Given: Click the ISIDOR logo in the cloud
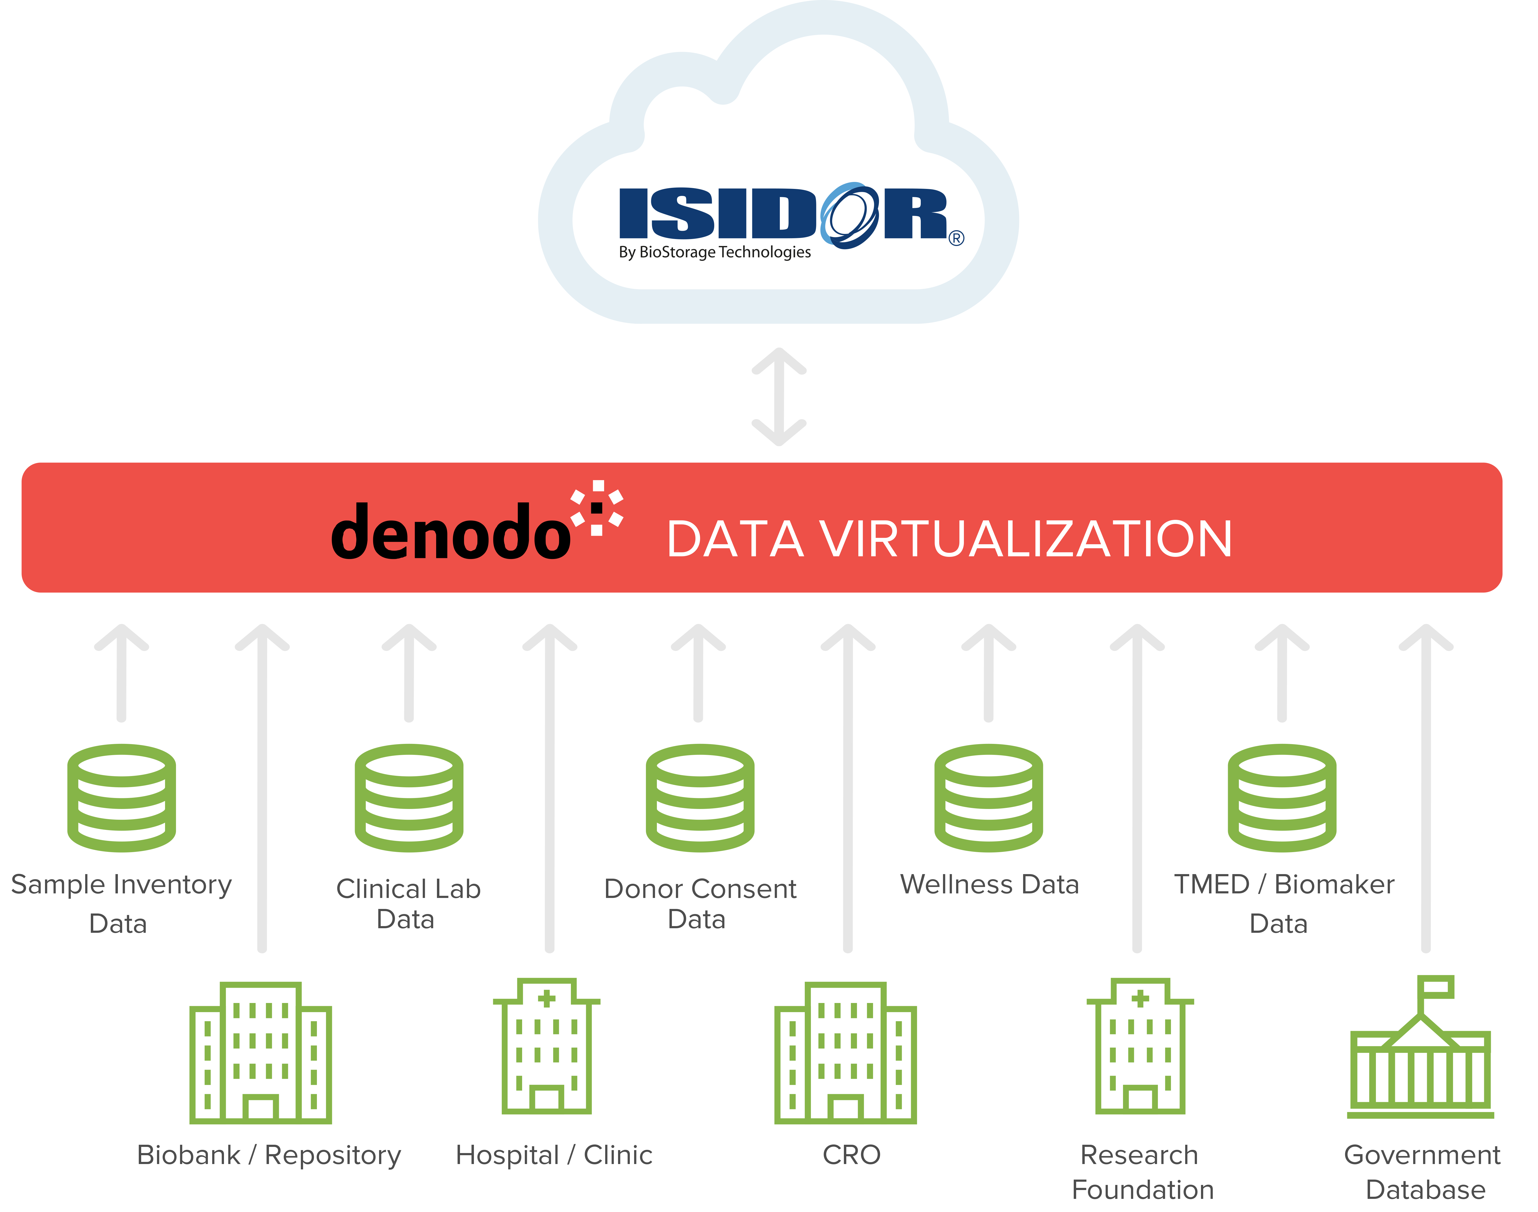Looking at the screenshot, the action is (x=791, y=215).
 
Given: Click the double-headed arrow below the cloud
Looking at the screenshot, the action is (x=779, y=397).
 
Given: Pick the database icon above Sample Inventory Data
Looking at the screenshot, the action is (x=121, y=797).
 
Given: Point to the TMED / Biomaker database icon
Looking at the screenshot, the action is (x=1282, y=797).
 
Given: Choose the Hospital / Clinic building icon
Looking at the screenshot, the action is (x=546, y=1046).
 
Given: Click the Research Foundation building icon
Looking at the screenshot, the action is (x=1140, y=1046).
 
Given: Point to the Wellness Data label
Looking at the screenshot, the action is (x=990, y=885).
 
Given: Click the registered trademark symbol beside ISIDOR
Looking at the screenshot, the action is (x=956, y=238).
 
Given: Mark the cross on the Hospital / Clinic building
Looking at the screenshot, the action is (x=546, y=999).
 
